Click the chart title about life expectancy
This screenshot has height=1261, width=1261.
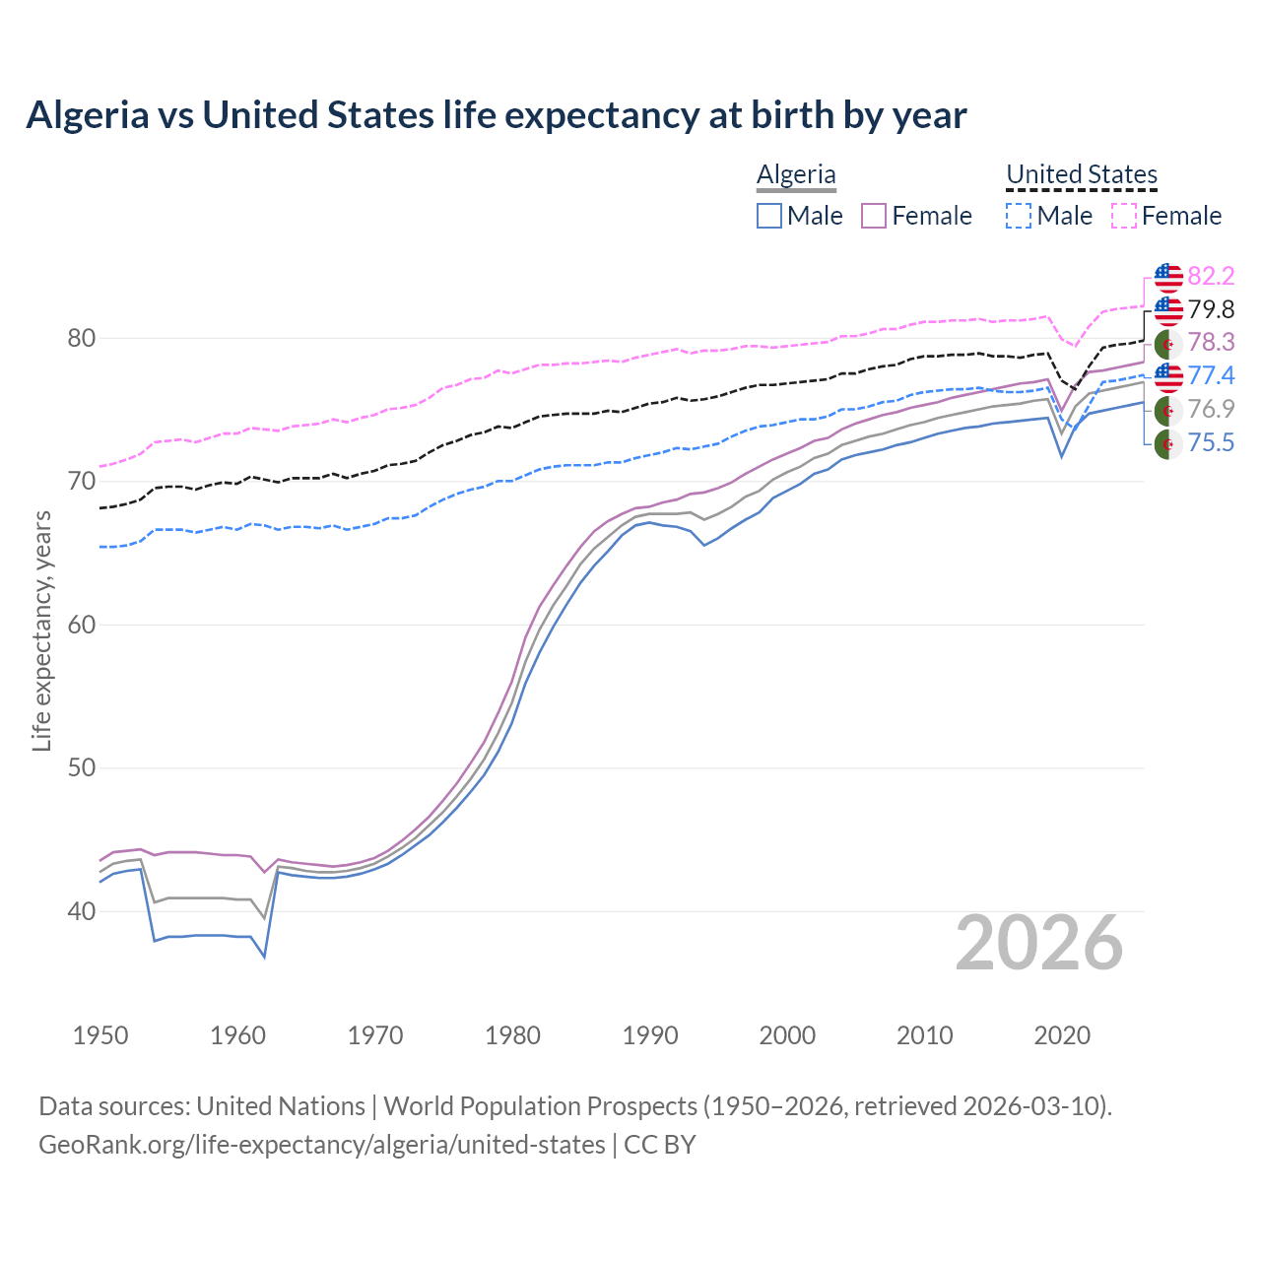(497, 115)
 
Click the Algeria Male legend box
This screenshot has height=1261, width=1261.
(769, 216)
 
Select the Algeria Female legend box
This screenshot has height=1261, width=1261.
(875, 216)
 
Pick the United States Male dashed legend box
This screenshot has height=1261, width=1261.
(1019, 216)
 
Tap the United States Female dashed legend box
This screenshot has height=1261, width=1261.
(1124, 216)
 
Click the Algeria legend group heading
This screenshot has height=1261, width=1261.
(796, 174)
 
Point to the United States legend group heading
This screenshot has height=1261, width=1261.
(1081, 174)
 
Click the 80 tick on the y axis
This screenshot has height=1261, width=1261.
(82, 339)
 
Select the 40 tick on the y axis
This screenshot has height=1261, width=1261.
(82, 912)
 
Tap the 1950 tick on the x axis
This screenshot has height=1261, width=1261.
(100, 1035)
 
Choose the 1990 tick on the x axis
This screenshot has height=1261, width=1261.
(650, 1035)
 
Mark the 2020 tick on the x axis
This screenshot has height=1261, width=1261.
(1062, 1035)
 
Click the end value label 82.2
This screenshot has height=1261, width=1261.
(1211, 277)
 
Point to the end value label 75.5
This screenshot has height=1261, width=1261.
(1211, 443)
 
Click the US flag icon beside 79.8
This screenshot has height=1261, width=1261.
(1168, 310)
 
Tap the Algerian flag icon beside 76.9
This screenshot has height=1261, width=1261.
(1168, 410)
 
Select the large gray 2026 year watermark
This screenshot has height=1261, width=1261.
(1039, 944)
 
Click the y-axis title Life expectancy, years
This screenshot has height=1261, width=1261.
(41, 630)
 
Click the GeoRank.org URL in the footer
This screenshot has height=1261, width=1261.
(322, 1145)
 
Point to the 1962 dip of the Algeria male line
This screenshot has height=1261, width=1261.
(264, 956)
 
